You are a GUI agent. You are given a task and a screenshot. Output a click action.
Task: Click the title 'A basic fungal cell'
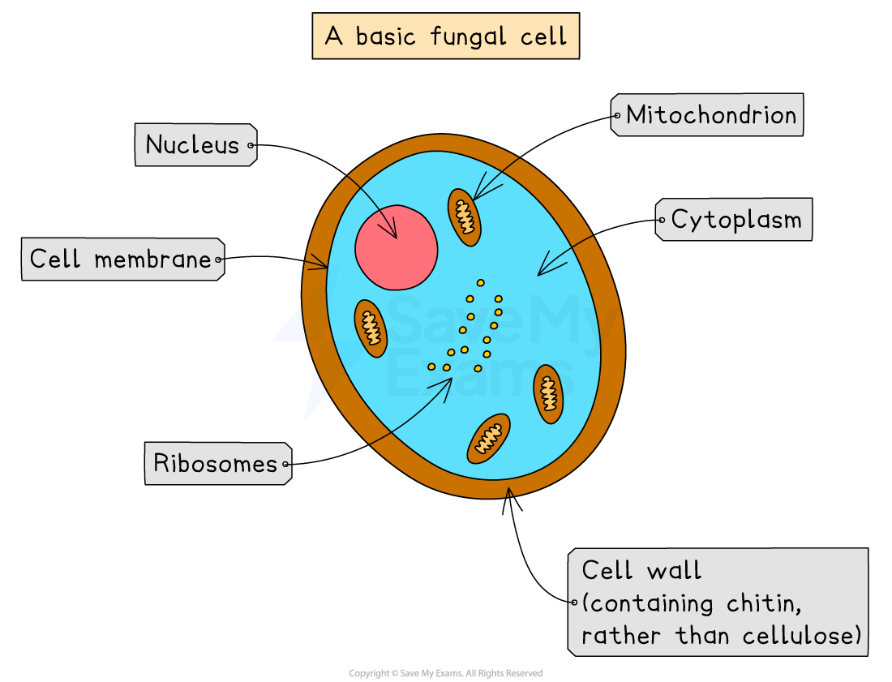[x=445, y=36]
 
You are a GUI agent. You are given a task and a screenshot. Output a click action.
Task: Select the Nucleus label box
[x=195, y=145]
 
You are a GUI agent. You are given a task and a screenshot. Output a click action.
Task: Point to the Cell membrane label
[x=121, y=260]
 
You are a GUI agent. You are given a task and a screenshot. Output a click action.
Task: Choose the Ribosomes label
[x=216, y=464]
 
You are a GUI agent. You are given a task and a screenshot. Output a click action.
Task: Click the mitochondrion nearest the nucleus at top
[x=465, y=217]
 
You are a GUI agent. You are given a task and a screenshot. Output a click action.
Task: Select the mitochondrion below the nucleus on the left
[x=371, y=328]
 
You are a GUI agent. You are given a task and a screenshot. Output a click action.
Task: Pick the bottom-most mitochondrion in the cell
[x=489, y=439]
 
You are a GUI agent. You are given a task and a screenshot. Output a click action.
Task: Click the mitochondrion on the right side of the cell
[x=549, y=393]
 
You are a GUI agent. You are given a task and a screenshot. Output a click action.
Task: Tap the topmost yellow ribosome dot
[x=480, y=283]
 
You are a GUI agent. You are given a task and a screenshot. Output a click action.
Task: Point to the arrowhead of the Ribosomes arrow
[x=448, y=382]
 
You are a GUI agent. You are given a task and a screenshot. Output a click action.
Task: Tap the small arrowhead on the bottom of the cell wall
[x=509, y=491]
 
